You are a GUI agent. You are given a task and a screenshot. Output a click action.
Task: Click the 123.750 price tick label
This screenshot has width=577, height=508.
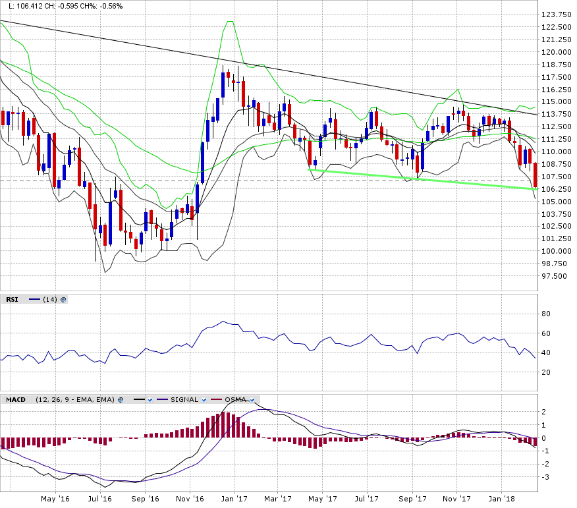tap(556, 15)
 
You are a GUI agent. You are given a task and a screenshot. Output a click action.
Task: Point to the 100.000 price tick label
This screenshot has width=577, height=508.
tap(556, 251)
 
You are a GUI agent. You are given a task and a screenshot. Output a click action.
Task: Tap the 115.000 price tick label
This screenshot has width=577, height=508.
tap(556, 102)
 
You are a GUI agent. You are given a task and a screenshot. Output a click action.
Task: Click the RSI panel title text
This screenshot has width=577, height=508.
tap(12, 299)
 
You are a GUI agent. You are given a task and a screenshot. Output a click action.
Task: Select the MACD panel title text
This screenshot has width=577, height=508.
tap(16, 399)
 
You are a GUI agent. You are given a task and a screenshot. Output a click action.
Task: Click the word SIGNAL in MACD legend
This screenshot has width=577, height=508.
tap(184, 399)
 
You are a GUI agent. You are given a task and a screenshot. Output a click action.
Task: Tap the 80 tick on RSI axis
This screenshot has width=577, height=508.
tap(546, 314)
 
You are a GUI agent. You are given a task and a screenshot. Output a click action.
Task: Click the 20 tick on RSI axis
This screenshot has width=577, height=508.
tap(546, 372)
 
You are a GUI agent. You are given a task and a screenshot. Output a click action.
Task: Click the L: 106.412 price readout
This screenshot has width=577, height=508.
tap(26, 6)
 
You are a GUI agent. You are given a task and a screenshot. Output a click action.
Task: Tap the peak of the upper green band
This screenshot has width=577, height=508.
tap(230, 22)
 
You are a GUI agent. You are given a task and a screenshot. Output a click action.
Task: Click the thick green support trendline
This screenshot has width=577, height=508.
tap(422, 179)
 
